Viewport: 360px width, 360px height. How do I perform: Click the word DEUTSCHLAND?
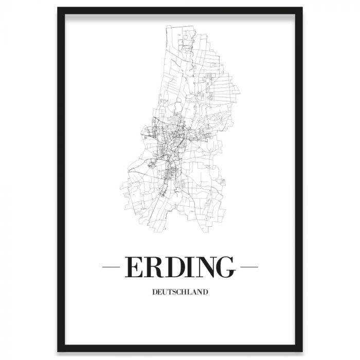(x=179, y=292)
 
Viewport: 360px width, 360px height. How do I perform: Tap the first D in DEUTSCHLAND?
(x=155, y=292)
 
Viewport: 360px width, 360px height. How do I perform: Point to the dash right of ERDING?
(x=249, y=267)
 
